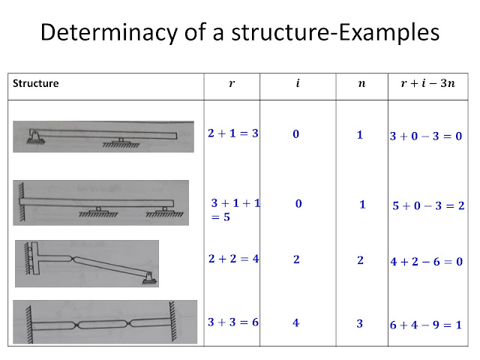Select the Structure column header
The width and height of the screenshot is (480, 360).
[36, 84]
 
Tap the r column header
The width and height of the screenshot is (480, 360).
[232, 84]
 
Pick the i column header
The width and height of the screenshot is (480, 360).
[298, 84]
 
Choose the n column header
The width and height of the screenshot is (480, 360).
[361, 84]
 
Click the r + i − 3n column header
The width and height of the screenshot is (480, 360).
[425, 84]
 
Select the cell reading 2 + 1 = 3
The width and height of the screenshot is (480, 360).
[233, 133]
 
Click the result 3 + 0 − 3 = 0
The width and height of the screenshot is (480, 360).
[426, 136]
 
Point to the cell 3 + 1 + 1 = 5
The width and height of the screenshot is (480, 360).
[235, 209]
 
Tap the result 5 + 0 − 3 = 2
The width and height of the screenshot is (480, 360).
[428, 205]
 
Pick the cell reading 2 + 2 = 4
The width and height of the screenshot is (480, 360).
[233, 259]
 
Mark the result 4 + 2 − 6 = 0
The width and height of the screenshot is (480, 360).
[426, 262]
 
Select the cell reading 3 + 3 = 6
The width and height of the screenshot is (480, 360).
[233, 322]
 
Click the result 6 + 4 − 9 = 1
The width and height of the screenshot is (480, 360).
[426, 325]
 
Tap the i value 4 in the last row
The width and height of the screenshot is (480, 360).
[296, 322]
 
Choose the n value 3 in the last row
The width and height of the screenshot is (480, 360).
[360, 323]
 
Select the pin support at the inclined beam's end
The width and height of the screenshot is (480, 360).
[150, 278]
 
